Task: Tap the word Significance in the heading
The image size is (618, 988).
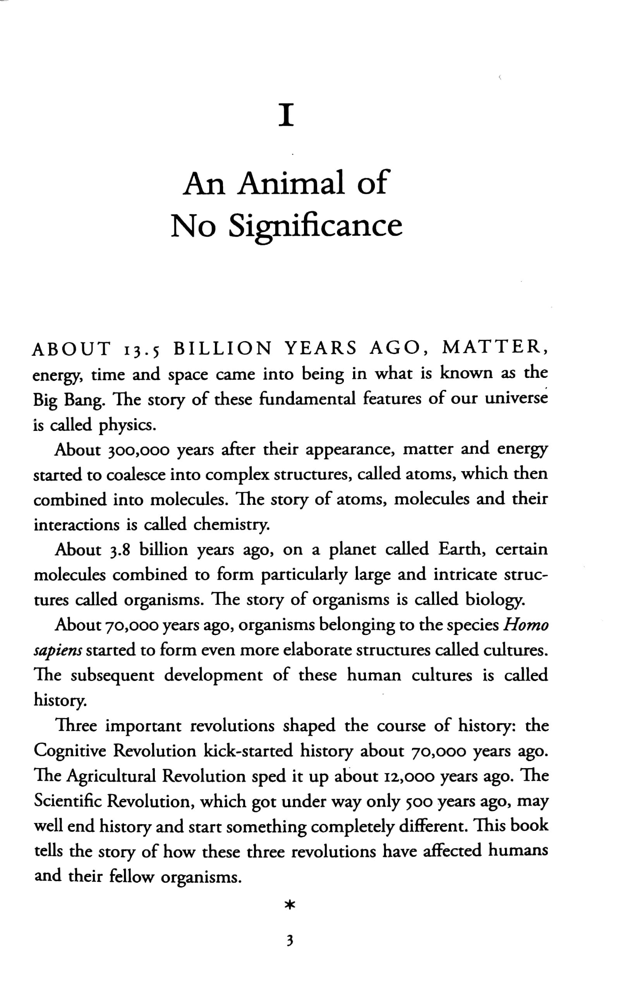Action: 315,226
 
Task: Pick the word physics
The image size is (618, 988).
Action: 127,426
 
